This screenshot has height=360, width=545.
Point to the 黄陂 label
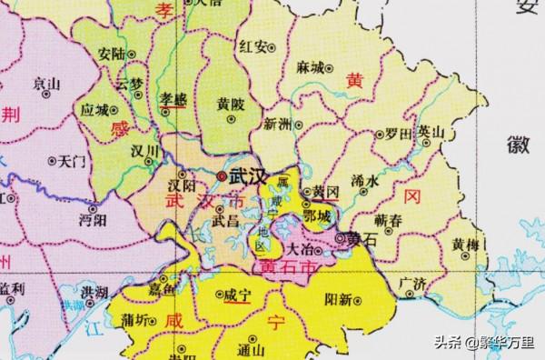coord(231,105)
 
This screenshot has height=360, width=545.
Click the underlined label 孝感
coord(173,96)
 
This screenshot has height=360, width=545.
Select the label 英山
coord(431,133)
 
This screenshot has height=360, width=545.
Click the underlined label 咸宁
coord(237,295)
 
